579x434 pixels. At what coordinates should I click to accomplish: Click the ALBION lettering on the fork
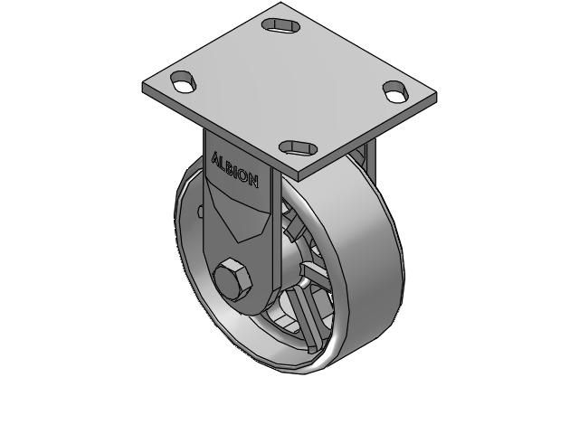pyautogui.click(x=234, y=169)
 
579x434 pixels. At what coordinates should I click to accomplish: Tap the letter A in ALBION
pyautogui.click(x=215, y=159)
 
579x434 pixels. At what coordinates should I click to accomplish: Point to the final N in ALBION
pyautogui.click(x=253, y=181)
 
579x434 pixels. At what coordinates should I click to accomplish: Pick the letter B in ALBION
pyautogui.click(x=230, y=167)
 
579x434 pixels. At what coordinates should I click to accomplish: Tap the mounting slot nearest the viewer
pyautogui.click(x=296, y=147)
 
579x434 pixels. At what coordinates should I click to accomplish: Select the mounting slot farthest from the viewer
pyautogui.click(x=280, y=24)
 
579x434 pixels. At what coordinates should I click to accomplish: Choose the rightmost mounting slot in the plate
pyautogui.click(x=395, y=90)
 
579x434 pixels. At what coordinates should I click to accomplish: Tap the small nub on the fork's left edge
pyautogui.click(x=201, y=213)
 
